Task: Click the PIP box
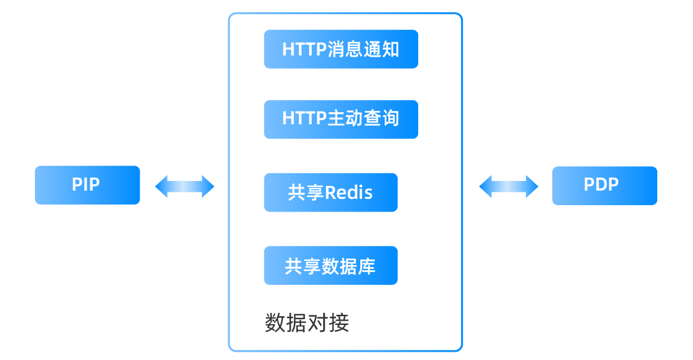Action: click(x=87, y=185)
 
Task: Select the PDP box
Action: click(x=604, y=185)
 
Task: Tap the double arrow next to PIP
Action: click(x=185, y=187)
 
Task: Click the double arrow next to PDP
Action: click(x=508, y=187)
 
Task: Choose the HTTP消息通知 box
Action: click(x=340, y=49)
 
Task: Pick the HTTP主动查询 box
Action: click(x=340, y=119)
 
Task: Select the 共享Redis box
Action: click(x=330, y=192)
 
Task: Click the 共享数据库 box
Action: click(x=330, y=266)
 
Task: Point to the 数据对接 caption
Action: click(x=307, y=323)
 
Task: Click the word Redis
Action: click(x=349, y=192)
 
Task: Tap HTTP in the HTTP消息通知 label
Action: click(x=304, y=50)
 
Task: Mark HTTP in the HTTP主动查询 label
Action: click(x=304, y=119)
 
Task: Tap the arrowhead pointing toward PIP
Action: click(x=161, y=187)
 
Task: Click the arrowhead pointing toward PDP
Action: click(x=532, y=187)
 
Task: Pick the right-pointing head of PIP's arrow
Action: click(x=208, y=187)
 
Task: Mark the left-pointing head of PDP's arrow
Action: click(x=485, y=187)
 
